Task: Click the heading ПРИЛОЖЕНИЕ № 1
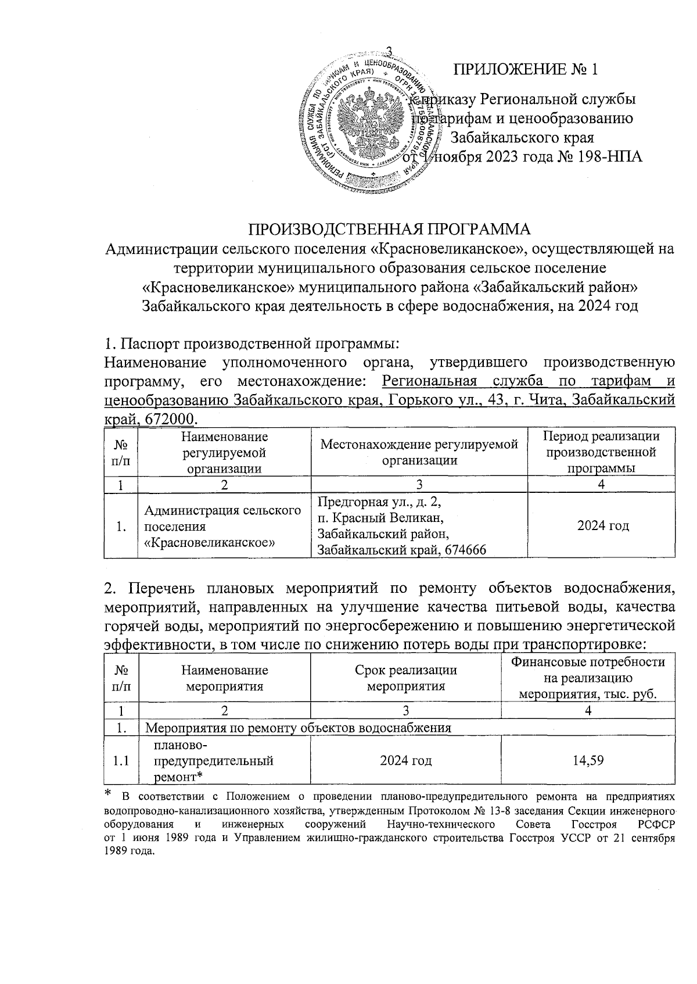(525, 70)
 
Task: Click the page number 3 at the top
(390, 51)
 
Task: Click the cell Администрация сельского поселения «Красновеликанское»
(223, 527)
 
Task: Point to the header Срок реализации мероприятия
(405, 678)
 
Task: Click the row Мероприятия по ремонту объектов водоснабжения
(297, 727)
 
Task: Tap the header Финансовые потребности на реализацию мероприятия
(588, 678)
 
